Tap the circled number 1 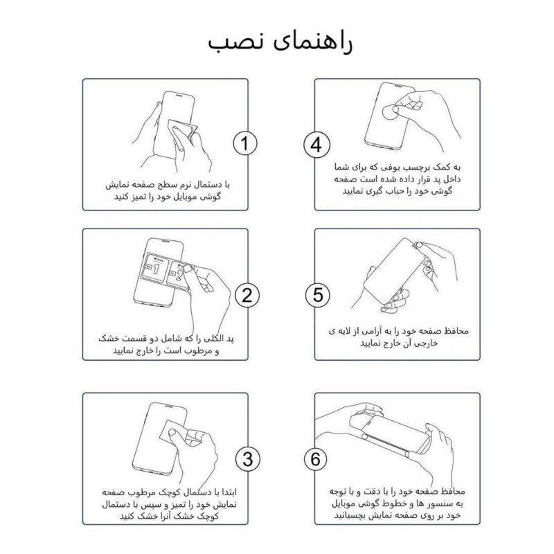click(245, 144)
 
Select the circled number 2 click(245, 295)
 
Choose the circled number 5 click(316, 295)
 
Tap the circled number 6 click(316, 459)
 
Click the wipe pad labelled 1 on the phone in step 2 click(157, 269)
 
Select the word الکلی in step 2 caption click(211, 337)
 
